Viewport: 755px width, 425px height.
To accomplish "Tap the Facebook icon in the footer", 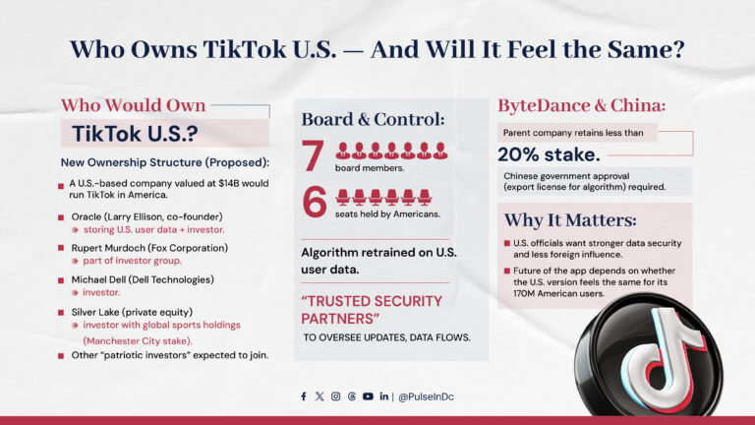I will (x=304, y=396).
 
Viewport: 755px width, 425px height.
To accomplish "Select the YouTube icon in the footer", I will (x=368, y=396).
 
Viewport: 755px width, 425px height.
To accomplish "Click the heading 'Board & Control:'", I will (x=374, y=119).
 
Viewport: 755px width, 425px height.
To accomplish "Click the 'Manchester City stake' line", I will (x=151, y=339).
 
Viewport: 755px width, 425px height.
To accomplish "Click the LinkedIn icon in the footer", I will (x=383, y=396).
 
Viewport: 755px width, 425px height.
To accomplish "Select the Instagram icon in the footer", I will (x=335, y=396).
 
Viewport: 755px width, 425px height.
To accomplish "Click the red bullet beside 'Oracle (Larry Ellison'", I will (x=61, y=217).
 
